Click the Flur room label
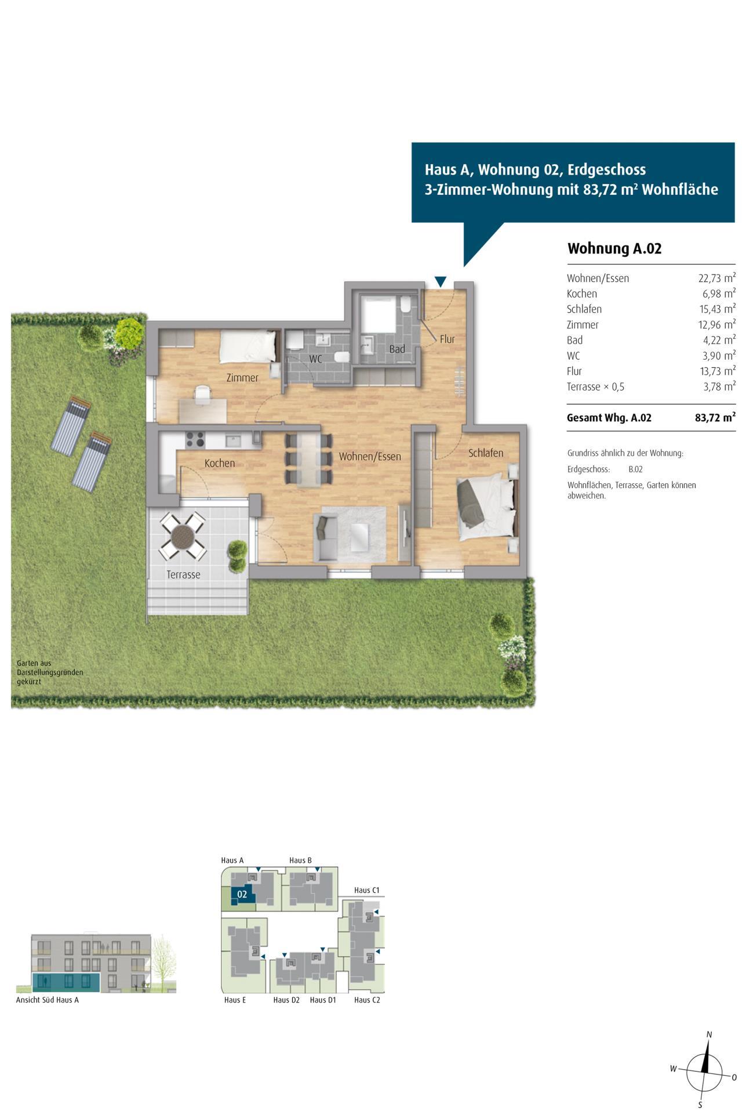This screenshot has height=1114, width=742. [447, 339]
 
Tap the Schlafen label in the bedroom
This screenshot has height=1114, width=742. [486, 453]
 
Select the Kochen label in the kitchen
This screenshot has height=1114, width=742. [220, 464]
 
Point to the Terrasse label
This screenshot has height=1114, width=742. [183, 575]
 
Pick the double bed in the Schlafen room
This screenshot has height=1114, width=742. [486, 507]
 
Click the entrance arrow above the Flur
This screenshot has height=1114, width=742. [441, 282]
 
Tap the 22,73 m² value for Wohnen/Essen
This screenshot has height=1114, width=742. [716, 278]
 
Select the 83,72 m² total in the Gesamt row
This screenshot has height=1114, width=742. [715, 418]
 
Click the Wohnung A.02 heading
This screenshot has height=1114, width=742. [614, 249]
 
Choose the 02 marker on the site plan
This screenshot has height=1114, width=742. [242, 895]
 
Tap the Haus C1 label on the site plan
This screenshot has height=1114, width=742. [366, 890]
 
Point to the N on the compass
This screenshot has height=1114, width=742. [709, 1035]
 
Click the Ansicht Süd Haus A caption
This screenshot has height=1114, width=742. [48, 1000]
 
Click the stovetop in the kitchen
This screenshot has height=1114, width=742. [194, 440]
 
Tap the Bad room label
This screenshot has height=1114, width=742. [397, 349]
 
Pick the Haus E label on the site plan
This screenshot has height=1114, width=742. [235, 1000]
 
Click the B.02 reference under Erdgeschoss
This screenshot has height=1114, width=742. [635, 469]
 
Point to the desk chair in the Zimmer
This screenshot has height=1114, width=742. [202, 394]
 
